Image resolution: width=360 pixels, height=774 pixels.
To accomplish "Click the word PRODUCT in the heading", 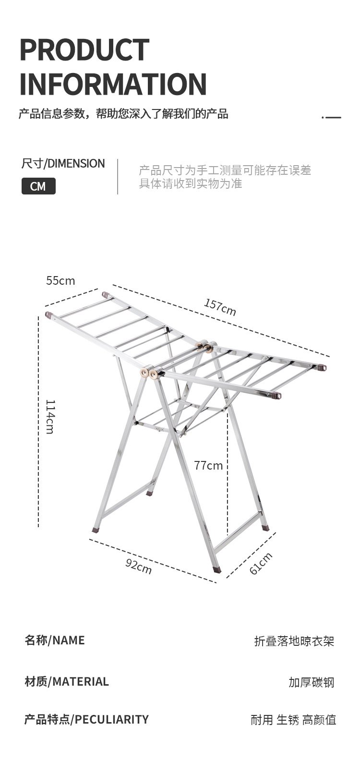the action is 84,50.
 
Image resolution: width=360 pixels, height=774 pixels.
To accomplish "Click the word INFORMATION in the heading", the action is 113,84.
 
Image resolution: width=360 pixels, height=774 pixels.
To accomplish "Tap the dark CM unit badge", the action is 38,186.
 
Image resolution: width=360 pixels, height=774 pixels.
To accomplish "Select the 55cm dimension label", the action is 60,280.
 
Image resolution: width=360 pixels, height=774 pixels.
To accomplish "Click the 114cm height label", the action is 50,417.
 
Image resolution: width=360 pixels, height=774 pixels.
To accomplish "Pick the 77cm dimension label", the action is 208,465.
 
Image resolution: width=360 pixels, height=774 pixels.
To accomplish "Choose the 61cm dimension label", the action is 261,563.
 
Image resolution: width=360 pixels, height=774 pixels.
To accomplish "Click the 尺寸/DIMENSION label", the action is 63,163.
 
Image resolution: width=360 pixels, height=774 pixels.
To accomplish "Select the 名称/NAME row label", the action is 55,640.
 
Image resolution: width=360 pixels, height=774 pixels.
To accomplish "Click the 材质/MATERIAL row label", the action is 67,682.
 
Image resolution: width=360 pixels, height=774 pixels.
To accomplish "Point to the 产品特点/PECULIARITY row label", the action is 86,719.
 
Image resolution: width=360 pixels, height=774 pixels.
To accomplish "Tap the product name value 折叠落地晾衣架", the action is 294,641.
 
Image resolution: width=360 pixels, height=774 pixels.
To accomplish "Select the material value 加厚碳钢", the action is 312,682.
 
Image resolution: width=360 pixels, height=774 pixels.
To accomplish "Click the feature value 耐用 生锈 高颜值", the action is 294,720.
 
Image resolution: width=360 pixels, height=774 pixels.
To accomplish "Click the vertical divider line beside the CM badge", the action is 118,177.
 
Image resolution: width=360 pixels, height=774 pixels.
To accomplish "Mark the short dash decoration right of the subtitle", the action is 332,118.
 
